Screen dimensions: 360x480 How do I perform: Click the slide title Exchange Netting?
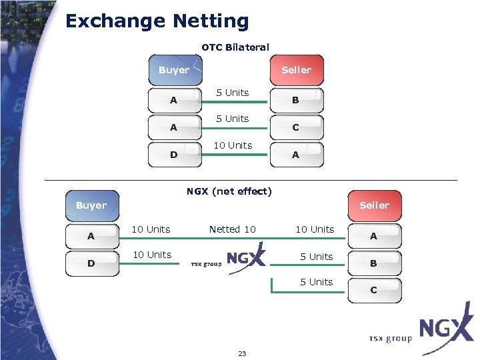157,21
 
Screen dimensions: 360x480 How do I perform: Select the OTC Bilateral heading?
235,47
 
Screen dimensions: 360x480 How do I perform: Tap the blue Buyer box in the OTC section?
175,70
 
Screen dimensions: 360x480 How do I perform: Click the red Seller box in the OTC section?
296,70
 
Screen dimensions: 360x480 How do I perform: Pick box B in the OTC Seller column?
296,101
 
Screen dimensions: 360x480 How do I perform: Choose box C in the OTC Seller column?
296,127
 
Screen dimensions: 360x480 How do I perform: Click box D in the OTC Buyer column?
174,155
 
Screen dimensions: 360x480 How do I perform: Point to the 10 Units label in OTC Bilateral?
233,145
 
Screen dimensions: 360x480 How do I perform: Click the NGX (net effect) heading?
229,191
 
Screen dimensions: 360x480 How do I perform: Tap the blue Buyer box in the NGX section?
92,205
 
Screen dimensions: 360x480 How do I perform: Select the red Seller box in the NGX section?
374,205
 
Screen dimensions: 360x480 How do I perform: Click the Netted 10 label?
232,229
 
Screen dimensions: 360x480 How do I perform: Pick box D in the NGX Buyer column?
91,263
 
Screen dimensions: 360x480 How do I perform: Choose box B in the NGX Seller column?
374,263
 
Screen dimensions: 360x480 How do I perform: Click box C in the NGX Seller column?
374,290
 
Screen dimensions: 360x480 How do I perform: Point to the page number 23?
242,353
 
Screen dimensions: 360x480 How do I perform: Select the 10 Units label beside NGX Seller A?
315,229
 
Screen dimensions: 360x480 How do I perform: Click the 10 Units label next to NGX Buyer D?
151,255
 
